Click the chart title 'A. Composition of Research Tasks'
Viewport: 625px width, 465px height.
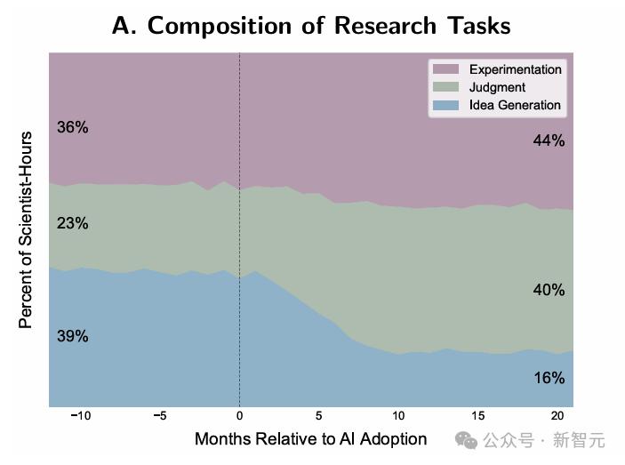pyautogui.click(x=311, y=25)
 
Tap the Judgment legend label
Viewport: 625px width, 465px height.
pyautogui.click(x=497, y=87)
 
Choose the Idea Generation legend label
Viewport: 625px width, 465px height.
pyautogui.click(x=516, y=105)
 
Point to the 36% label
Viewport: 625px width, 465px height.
pyautogui.click(x=73, y=127)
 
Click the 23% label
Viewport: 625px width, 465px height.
pyautogui.click(x=73, y=223)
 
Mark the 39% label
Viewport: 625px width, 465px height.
pyautogui.click(x=73, y=336)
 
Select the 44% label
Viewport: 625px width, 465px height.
pyautogui.click(x=549, y=140)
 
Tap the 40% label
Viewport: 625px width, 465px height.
pyautogui.click(x=549, y=290)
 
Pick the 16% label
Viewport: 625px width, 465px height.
pyautogui.click(x=549, y=378)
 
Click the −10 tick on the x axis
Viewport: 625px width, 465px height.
pyautogui.click(x=80, y=415)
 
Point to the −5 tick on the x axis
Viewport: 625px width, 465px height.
pyautogui.click(x=160, y=415)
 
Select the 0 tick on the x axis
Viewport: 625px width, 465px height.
pyautogui.click(x=239, y=415)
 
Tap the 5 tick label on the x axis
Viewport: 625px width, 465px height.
pyautogui.click(x=318, y=415)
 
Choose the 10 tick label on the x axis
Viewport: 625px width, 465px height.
pyautogui.click(x=398, y=415)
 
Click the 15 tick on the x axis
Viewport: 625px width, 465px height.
pyautogui.click(x=477, y=415)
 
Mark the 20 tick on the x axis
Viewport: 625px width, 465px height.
pyautogui.click(x=557, y=415)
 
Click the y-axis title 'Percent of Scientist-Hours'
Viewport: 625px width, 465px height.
pyautogui.click(x=27, y=230)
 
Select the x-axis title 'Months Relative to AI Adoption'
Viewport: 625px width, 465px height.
pyautogui.click(x=310, y=439)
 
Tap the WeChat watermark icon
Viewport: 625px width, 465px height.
pyautogui.click(x=466, y=439)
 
